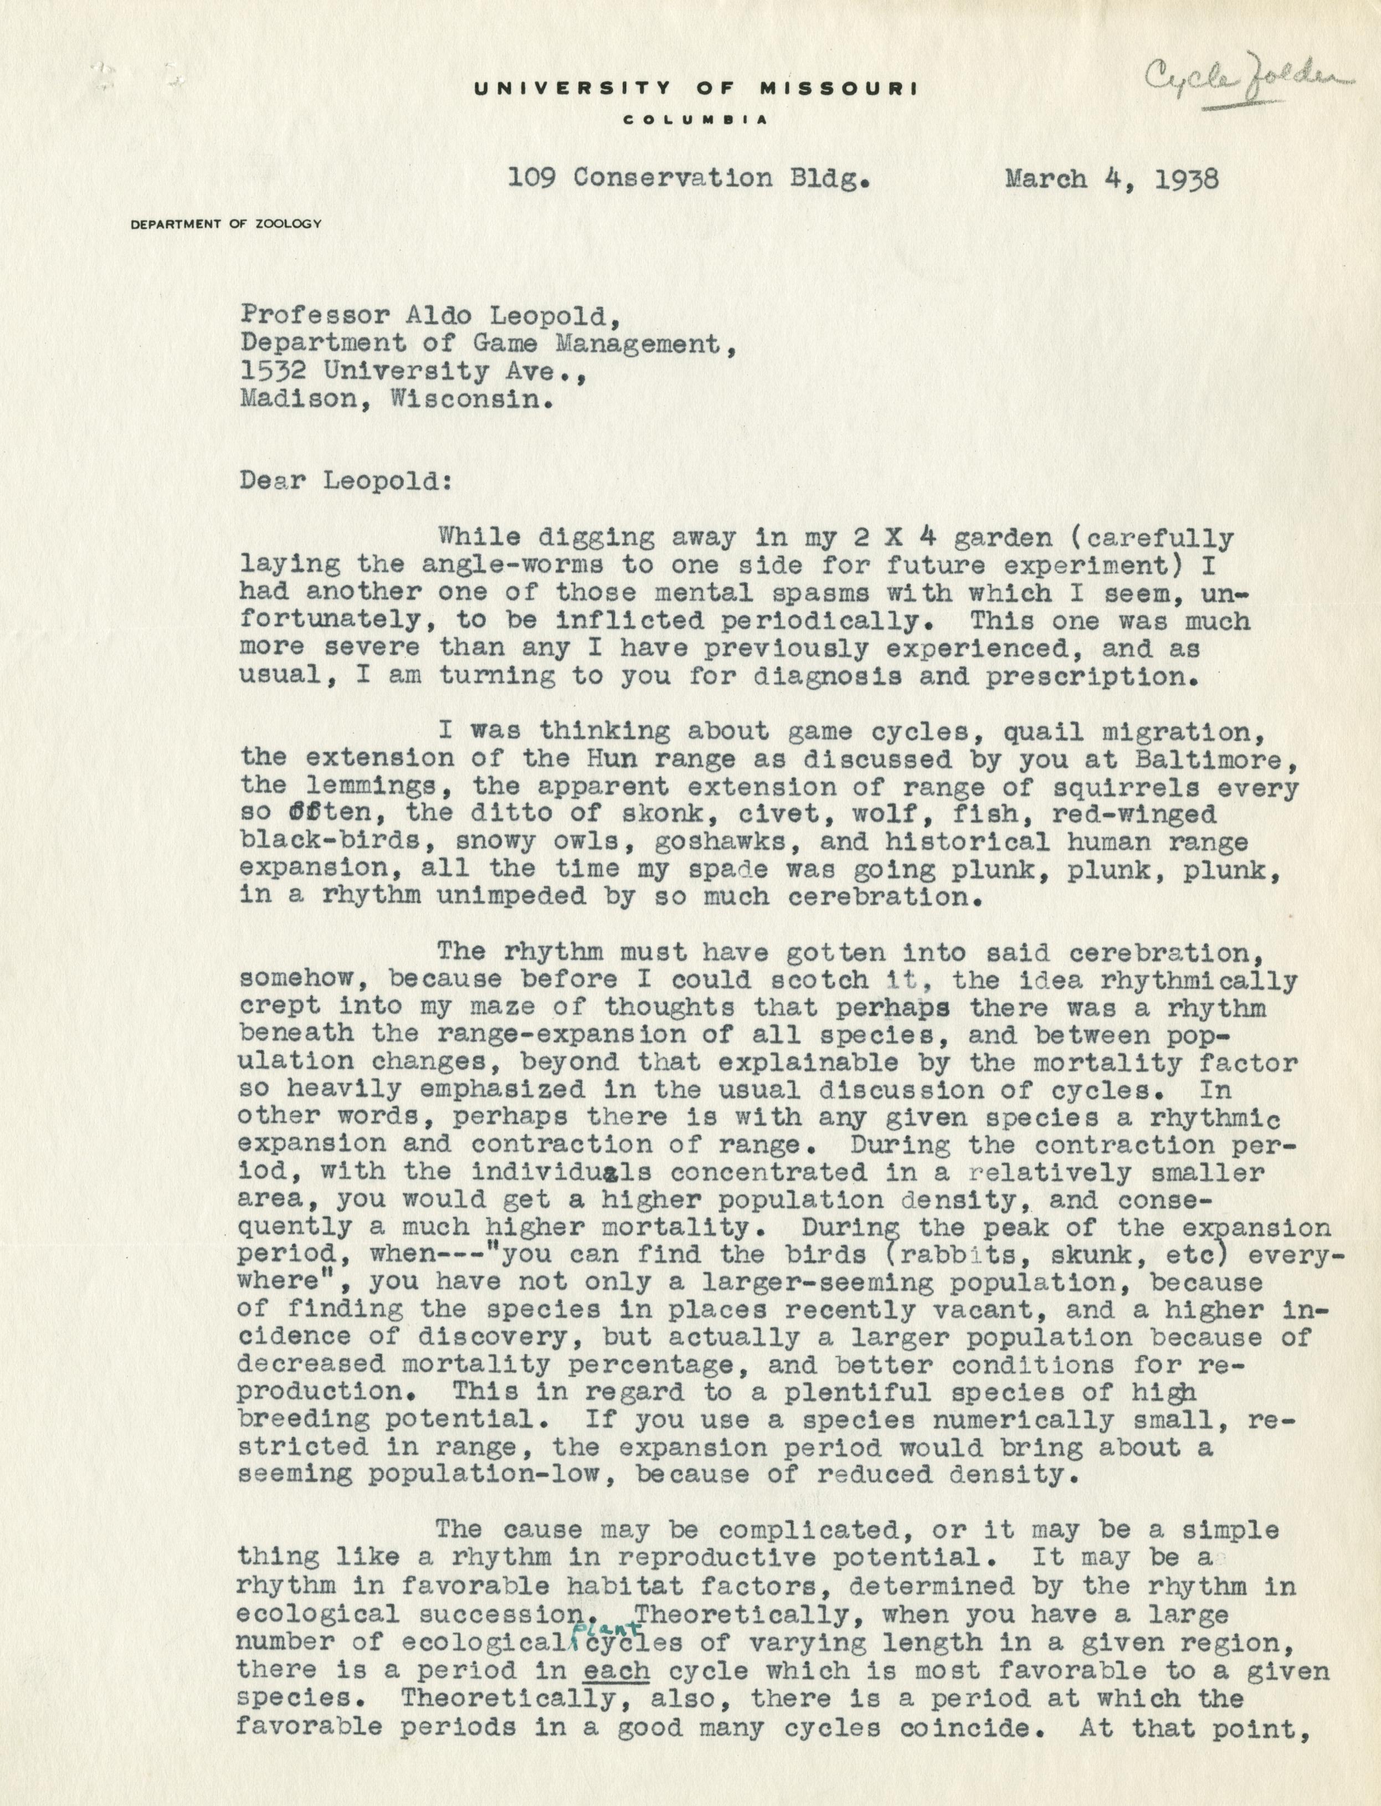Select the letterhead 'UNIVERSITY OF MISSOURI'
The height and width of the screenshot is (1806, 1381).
[695, 90]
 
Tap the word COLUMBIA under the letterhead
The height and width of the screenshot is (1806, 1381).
[695, 120]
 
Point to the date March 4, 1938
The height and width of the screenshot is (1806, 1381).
[1111, 179]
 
